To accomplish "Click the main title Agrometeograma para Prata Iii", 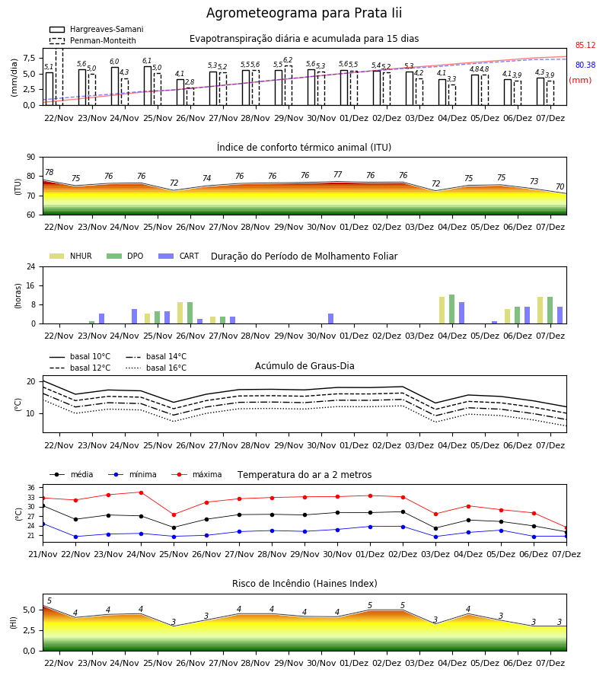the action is [x=304, y=13].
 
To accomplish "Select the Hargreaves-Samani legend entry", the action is [x=97, y=29].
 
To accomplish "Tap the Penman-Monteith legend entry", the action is [x=93, y=40].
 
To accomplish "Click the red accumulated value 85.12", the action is [x=585, y=45].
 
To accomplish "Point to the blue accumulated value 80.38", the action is [x=585, y=65].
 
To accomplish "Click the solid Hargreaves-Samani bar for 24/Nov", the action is [x=114, y=86].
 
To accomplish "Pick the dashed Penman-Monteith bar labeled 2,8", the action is [x=190, y=97].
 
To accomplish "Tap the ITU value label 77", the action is [x=338, y=174].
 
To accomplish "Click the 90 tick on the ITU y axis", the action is [x=31, y=158].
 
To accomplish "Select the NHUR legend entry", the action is [x=71, y=256].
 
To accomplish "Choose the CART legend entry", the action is [x=179, y=256].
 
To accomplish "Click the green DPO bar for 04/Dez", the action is [x=451, y=309].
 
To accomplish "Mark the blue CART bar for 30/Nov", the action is [x=330, y=318].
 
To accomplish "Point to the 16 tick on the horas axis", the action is [x=31, y=285].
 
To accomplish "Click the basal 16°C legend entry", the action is [x=156, y=368].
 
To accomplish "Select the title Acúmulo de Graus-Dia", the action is [x=304, y=365].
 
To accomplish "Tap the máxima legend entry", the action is [x=196, y=474].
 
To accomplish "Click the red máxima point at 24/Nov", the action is [x=141, y=492].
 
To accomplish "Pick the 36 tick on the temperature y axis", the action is [x=31, y=488].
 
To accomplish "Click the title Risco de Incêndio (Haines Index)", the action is [x=304, y=583].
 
